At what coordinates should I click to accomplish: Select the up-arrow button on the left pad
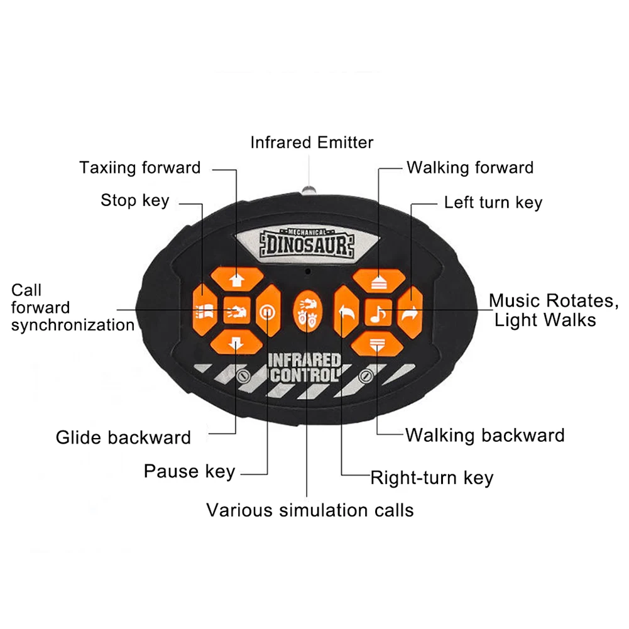tap(236, 276)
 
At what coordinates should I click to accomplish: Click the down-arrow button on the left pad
tap(236, 343)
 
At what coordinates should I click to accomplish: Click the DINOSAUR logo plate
tap(305, 243)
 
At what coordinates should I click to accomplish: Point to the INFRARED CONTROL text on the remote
tap(305, 368)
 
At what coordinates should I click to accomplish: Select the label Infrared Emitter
tap(312, 142)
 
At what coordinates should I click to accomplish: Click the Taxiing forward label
tap(139, 168)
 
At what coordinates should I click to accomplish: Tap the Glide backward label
tap(123, 437)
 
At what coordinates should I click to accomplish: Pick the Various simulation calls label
tap(310, 510)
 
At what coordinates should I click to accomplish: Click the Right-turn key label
tap(432, 478)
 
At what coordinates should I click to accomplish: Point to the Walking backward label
tap(484, 435)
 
